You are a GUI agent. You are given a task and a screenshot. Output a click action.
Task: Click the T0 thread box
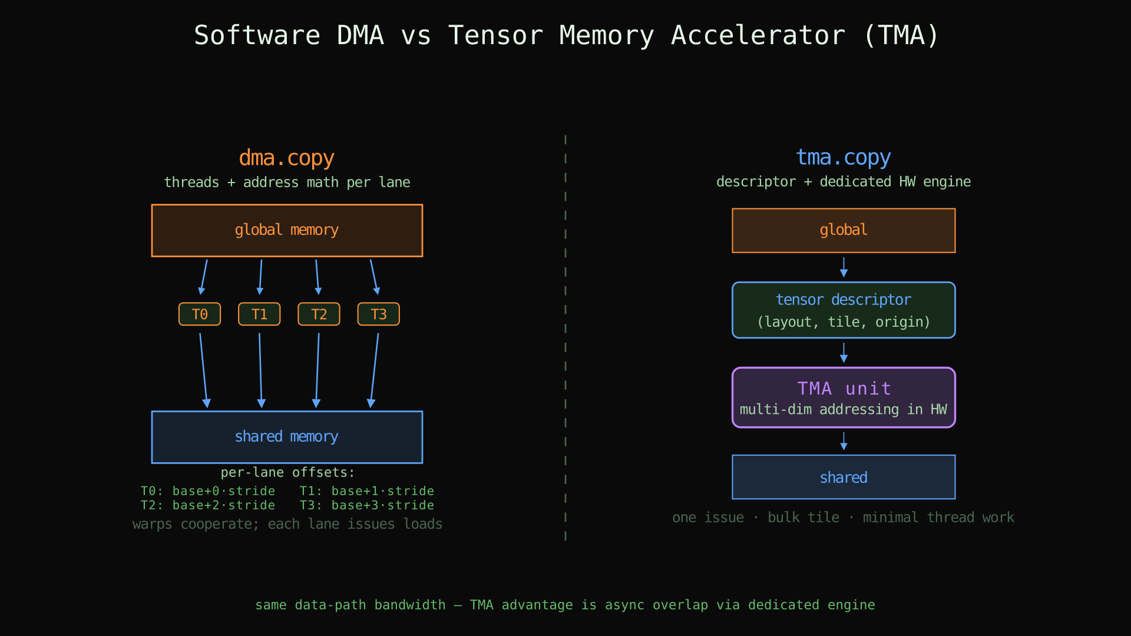pyautogui.click(x=200, y=314)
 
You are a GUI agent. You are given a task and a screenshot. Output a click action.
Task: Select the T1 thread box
pyautogui.click(x=259, y=314)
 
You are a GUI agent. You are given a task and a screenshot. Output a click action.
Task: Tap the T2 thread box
pyautogui.click(x=319, y=314)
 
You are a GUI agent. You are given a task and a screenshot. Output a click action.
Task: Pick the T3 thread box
pyautogui.click(x=378, y=314)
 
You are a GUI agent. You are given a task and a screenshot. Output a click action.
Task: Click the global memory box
pyautogui.click(x=287, y=230)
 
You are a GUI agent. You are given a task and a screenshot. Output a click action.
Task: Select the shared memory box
pyautogui.click(x=287, y=437)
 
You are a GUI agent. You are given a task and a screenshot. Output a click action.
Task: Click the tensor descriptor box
pyautogui.click(x=844, y=310)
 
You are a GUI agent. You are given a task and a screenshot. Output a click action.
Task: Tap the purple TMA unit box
pyautogui.click(x=844, y=397)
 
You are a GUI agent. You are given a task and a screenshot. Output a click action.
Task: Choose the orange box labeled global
pyautogui.click(x=844, y=230)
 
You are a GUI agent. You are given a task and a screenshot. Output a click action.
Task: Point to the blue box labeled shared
pyautogui.click(x=844, y=477)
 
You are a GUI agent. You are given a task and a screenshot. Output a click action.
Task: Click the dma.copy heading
pyautogui.click(x=287, y=158)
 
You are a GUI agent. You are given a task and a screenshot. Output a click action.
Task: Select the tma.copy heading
pyautogui.click(x=844, y=157)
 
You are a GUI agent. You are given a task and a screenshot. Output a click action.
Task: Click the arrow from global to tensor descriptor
pyautogui.click(x=844, y=267)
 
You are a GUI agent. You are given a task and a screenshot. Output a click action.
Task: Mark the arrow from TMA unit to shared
pyautogui.click(x=844, y=441)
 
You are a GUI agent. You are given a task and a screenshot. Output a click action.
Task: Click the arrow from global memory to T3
pyautogui.click(x=374, y=277)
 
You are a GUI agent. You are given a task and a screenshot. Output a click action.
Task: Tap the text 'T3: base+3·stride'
pyautogui.click(x=366, y=505)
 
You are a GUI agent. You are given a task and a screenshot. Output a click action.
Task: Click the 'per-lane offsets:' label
pyautogui.click(x=287, y=472)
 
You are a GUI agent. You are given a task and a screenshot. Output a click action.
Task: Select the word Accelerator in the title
pyautogui.click(x=758, y=35)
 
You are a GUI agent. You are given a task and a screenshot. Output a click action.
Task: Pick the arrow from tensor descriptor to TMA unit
pyautogui.click(x=844, y=352)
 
